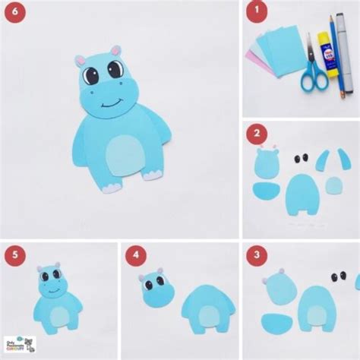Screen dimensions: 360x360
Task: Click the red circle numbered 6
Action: coord(14,14)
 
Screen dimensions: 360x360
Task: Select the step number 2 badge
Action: coord(260,134)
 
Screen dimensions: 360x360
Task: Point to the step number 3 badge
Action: coord(260,254)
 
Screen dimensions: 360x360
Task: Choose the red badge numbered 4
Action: coord(137,254)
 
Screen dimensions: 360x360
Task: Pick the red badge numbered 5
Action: coord(14,254)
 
